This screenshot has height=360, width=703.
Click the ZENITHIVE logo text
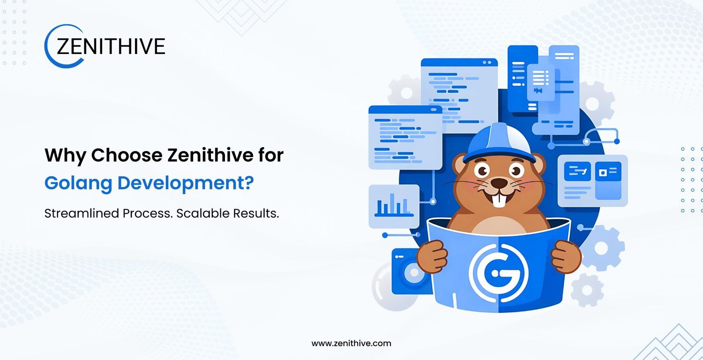[x=111, y=46]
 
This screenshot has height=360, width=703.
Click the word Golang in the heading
[x=78, y=183]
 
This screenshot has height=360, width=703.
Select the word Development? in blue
[x=186, y=183]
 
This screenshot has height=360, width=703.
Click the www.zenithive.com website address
[x=351, y=344]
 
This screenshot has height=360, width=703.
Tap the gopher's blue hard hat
[x=499, y=143]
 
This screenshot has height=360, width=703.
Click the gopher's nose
[x=499, y=183]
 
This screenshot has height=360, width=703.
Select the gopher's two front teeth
[x=499, y=201]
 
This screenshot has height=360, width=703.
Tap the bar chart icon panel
[x=394, y=206]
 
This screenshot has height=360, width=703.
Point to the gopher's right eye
[x=516, y=171]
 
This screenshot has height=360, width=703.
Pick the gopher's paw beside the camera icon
[x=433, y=256]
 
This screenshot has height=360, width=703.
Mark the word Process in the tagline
[x=148, y=213]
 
